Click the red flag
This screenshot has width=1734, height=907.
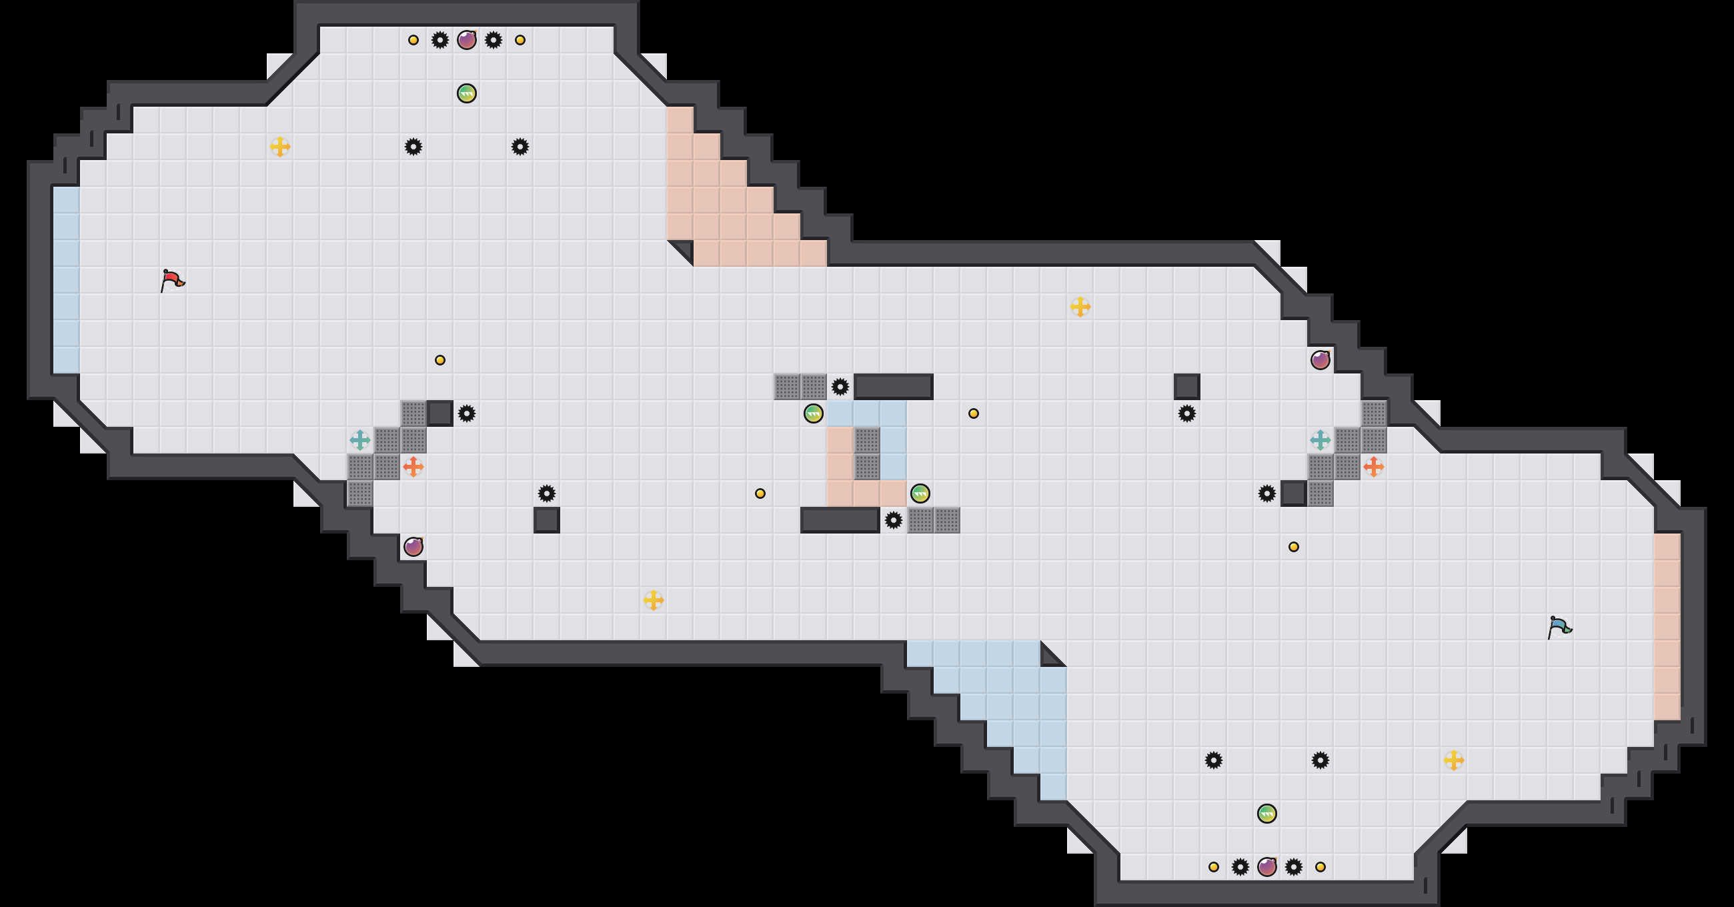coord(172,280)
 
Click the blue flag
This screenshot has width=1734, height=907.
coord(1559,627)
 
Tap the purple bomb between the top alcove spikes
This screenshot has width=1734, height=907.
coord(466,41)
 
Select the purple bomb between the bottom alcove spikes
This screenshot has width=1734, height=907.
coord(1267,866)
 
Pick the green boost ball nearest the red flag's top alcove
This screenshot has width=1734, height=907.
coord(466,93)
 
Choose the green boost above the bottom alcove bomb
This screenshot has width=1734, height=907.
coord(1267,814)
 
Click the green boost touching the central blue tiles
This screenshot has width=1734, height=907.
coord(813,413)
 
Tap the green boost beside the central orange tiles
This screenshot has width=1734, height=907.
coord(920,494)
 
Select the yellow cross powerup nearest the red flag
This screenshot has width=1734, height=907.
coord(280,146)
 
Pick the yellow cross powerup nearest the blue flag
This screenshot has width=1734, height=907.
coord(1453,760)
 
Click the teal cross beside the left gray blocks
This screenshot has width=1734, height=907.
coord(360,440)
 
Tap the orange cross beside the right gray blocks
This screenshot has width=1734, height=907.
coord(1373,466)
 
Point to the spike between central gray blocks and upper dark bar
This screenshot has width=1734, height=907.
coord(840,387)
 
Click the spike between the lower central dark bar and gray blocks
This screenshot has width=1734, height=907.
coord(893,520)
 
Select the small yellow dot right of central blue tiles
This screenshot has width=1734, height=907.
coord(973,413)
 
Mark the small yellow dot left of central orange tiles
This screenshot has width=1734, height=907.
coord(760,494)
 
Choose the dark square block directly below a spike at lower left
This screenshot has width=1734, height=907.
coord(547,520)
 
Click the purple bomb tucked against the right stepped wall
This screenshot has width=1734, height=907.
coord(1320,360)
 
